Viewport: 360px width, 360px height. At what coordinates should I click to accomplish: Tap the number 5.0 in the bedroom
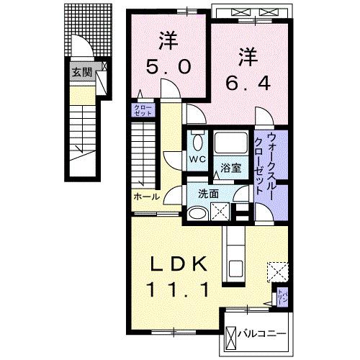point(168,66)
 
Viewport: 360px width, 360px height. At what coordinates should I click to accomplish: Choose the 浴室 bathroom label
point(231,168)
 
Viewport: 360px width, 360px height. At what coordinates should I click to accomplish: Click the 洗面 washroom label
point(209,194)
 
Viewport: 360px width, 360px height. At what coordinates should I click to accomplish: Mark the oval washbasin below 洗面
point(197,212)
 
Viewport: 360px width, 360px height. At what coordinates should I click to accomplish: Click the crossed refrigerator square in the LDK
point(276,271)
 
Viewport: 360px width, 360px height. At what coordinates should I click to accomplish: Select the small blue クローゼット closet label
point(139,110)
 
